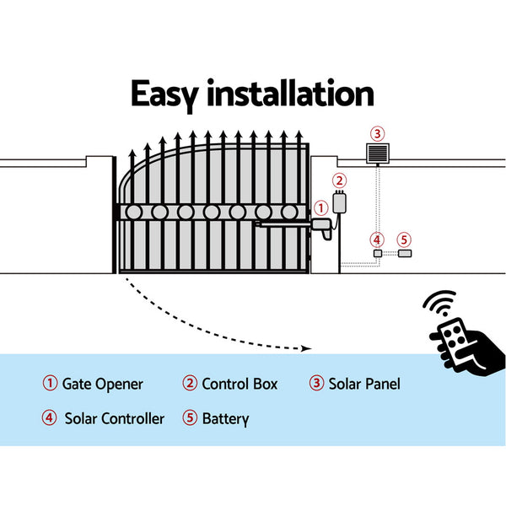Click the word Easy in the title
point(174,94)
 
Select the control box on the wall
point(340,202)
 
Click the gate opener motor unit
point(321,224)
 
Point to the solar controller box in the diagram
point(377,253)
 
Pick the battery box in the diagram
point(404,253)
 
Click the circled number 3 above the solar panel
point(377,133)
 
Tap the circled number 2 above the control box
point(339,180)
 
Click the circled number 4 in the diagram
point(377,239)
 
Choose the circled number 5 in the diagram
point(404,239)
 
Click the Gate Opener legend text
point(103,384)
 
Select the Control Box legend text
point(240,384)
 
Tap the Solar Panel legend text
point(364,384)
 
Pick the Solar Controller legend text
point(114,418)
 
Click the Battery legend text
point(225,418)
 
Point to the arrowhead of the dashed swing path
point(306,347)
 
